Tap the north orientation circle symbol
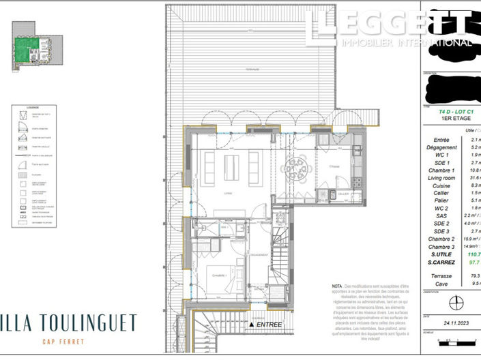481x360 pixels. (x=450, y=301)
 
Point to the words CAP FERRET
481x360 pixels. (x=63, y=342)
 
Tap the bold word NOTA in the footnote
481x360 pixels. (x=336, y=286)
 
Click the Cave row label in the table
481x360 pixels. (x=441, y=282)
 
